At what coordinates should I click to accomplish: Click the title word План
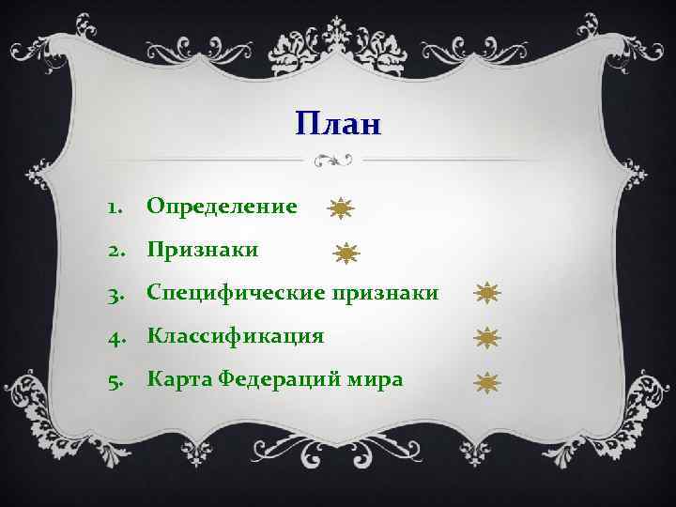[338, 123]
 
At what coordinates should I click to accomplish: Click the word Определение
[222, 206]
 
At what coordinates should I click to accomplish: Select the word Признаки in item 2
[202, 250]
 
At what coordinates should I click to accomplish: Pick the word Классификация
[235, 336]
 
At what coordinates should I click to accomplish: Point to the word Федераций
[272, 379]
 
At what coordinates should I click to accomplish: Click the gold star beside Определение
[340, 209]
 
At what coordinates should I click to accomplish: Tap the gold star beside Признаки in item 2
[347, 253]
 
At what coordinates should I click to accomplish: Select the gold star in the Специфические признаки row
[487, 294]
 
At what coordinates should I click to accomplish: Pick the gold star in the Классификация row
[487, 337]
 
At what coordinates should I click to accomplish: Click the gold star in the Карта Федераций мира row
[487, 381]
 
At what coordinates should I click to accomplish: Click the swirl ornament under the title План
[334, 160]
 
